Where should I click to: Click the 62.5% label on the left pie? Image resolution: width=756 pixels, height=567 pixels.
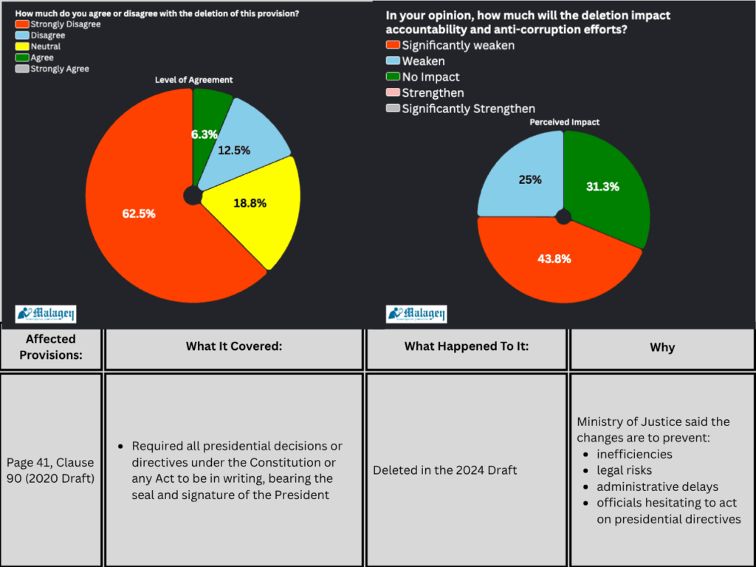(139, 213)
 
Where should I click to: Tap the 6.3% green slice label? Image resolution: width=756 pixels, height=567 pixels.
(204, 134)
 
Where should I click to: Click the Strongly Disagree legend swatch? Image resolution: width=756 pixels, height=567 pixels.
(21, 24)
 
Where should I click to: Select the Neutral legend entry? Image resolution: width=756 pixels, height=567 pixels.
(45, 47)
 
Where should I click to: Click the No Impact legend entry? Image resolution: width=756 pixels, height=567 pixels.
(430, 77)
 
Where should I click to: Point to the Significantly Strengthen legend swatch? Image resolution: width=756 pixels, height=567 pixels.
(393, 109)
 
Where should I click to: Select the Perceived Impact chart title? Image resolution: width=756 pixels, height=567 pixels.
(565, 122)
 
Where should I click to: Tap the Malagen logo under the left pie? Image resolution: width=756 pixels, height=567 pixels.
(46, 314)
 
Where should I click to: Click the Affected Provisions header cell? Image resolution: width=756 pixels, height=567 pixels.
(51, 347)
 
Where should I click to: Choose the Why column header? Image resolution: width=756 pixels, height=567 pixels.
(661, 347)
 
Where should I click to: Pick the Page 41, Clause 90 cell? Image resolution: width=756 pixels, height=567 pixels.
(50, 470)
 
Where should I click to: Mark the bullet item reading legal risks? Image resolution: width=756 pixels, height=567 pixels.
(625, 470)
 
